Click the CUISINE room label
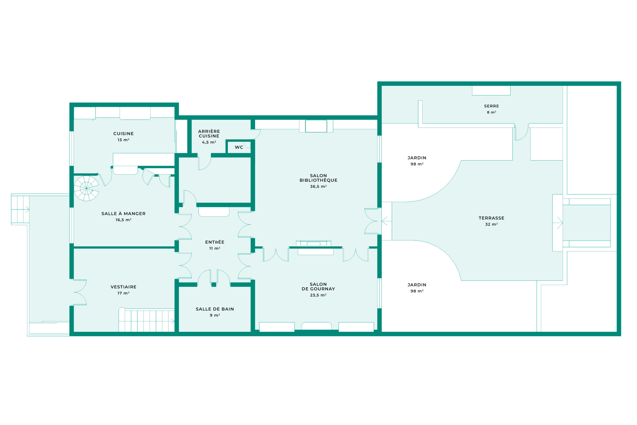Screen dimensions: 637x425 coord(123,134)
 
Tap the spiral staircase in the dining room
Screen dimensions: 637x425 coord(86,188)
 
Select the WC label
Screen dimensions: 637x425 coord(239,147)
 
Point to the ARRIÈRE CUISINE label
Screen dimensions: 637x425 coord(209,134)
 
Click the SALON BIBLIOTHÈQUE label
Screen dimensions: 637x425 coord(318,178)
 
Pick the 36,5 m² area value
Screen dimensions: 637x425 coord(318,186)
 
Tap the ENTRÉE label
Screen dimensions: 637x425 coord(215,242)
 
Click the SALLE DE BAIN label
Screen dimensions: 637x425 coord(215,309)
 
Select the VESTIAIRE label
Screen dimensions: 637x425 coord(123,287)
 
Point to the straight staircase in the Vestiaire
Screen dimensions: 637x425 coord(147,320)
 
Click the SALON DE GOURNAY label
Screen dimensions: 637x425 coord(318,287)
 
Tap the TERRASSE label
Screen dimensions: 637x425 coord(492,218)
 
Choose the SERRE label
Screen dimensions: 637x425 coord(492,106)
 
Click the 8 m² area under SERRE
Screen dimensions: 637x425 coord(492,112)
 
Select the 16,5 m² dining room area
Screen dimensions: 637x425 coord(123,220)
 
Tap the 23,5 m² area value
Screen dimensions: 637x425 coord(318,295)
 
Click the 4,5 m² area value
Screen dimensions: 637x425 coord(209,142)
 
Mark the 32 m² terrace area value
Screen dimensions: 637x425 coord(492,224)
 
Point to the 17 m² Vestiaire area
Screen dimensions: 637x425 coord(123,293)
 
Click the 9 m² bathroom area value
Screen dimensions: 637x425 coord(215,315)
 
